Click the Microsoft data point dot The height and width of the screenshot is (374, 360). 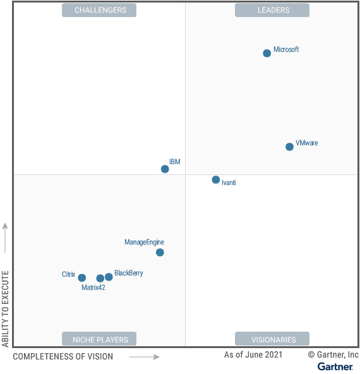click(x=267, y=53)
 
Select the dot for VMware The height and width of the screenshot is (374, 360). click(x=289, y=147)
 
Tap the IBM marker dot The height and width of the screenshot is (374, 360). click(x=165, y=169)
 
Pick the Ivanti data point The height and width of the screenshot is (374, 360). click(x=216, y=180)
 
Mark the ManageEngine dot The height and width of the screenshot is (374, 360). click(x=160, y=253)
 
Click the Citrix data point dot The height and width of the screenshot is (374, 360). click(x=81, y=277)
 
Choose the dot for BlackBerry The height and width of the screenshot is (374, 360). click(x=109, y=277)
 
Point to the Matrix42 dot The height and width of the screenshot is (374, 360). click(x=100, y=278)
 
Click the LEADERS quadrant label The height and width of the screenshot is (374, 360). click(x=272, y=10)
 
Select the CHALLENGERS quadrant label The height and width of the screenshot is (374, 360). click(x=99, y=10)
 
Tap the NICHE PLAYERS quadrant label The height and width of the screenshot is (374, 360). click(x=99, y=339)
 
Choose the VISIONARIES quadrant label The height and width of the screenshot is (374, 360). click(x=272, y=339)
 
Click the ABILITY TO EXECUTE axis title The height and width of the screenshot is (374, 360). click(x=6, y=309)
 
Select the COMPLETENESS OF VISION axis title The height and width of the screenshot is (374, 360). click(x=63, y=357)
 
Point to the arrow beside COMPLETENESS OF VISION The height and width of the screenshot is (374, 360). click(x=145, y=357)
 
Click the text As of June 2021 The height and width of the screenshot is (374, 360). click(x=253, y=355)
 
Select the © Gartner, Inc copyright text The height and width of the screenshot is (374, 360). click(x=333, y=355)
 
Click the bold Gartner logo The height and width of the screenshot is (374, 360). click(x=335, y=366)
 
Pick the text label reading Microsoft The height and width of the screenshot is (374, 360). click(x=286, y=49)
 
